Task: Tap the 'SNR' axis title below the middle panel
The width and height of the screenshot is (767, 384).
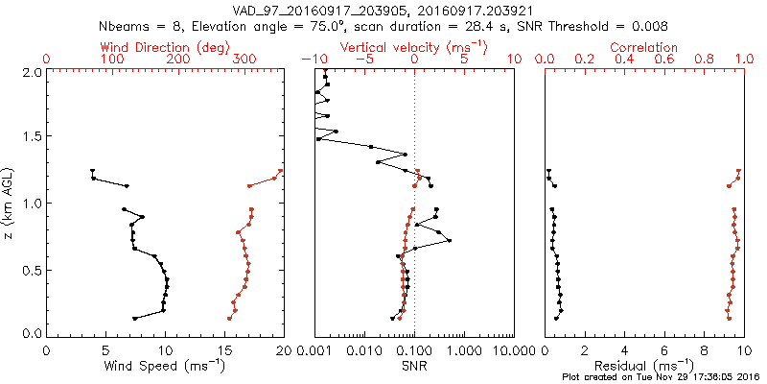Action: coord(414,367)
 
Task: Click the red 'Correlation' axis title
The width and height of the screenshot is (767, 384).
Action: coord(645,46)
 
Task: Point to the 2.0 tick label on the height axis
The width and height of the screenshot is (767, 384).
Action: coord(31,72)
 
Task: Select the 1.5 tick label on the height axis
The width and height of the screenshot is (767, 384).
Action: coord(31,137)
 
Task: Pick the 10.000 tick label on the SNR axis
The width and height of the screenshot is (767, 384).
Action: coord(515,350)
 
